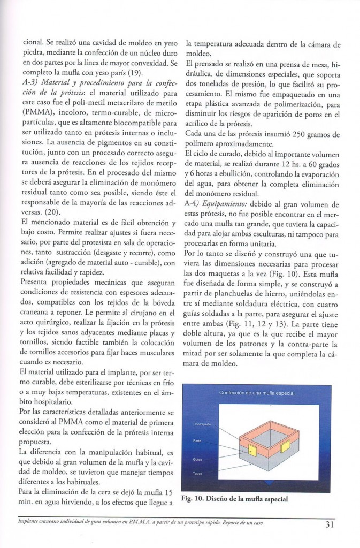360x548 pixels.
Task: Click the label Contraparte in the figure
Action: click(202, 424)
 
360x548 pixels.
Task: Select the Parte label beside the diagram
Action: click(197, 440)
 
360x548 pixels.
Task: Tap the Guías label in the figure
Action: click(197, 459)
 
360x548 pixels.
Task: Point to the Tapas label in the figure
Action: click(197, 473)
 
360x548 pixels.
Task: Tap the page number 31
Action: click(330, 525)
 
